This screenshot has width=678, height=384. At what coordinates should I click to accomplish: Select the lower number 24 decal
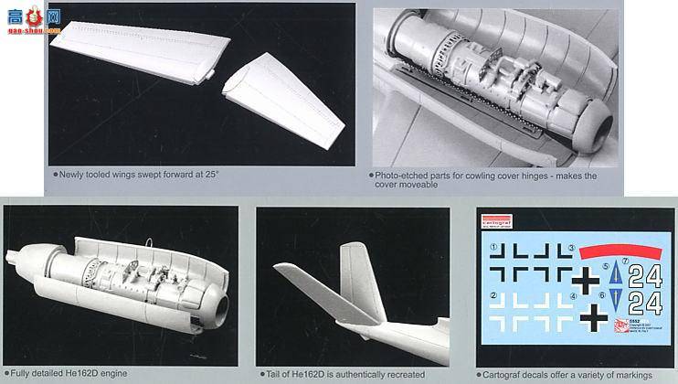point(645,303)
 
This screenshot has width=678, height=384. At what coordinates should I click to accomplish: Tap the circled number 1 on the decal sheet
point(494,247)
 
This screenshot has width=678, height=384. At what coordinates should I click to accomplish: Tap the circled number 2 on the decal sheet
point(494,294)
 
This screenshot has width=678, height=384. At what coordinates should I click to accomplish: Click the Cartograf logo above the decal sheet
point(497,219)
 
